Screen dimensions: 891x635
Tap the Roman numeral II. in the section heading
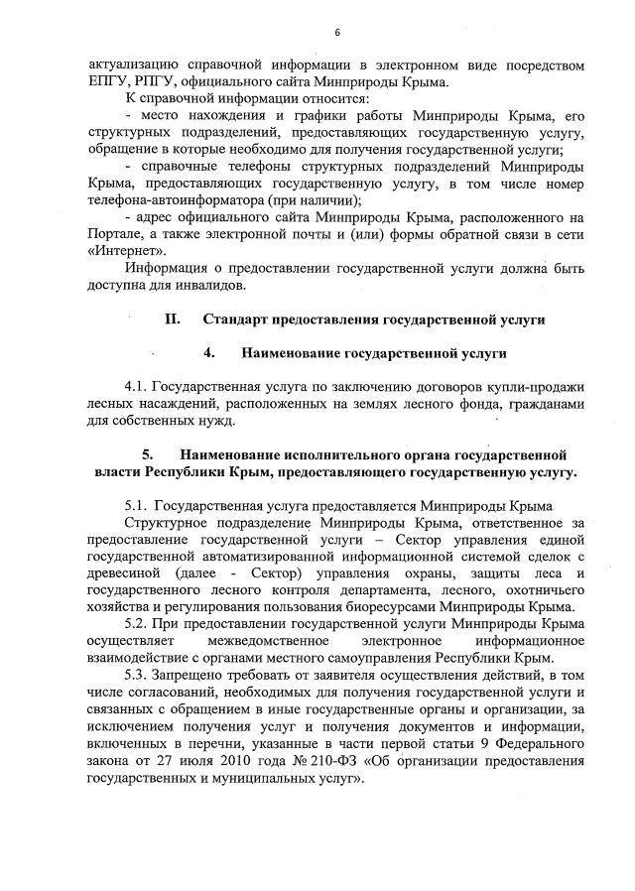(172, 319)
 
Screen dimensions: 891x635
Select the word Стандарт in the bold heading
(239, 319)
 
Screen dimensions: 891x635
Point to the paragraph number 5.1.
(136, 506)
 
